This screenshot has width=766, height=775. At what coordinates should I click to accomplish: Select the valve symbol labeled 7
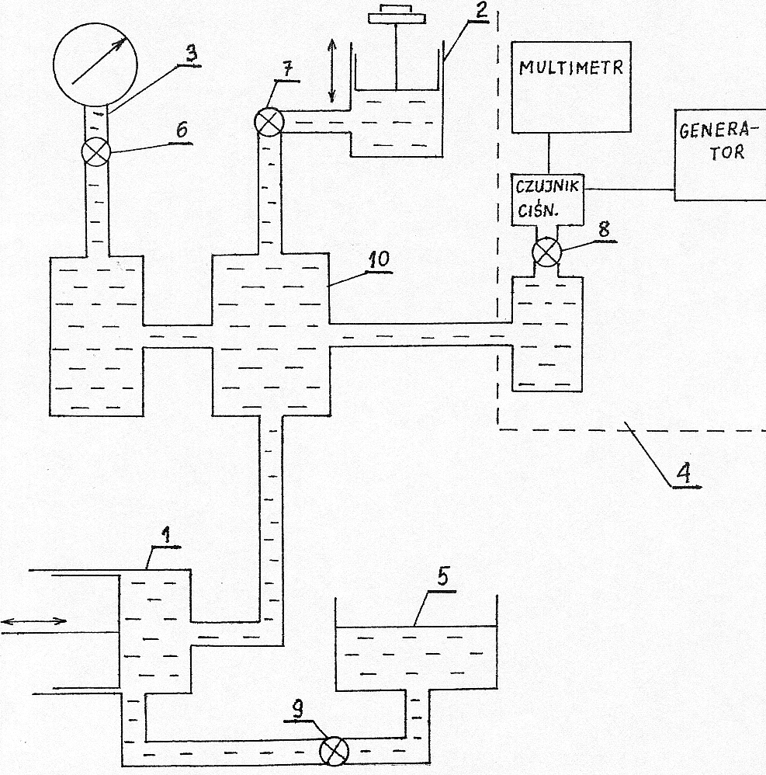[268, 122]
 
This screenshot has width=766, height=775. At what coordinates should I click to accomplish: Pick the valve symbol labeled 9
[334, 750]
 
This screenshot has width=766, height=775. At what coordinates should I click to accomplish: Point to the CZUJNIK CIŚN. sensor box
[547, 200]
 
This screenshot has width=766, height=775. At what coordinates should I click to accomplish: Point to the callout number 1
[165, 534]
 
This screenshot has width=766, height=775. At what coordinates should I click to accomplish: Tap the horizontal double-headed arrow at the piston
[34, 620]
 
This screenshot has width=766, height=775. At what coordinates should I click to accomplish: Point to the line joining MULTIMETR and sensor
[549, 152]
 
